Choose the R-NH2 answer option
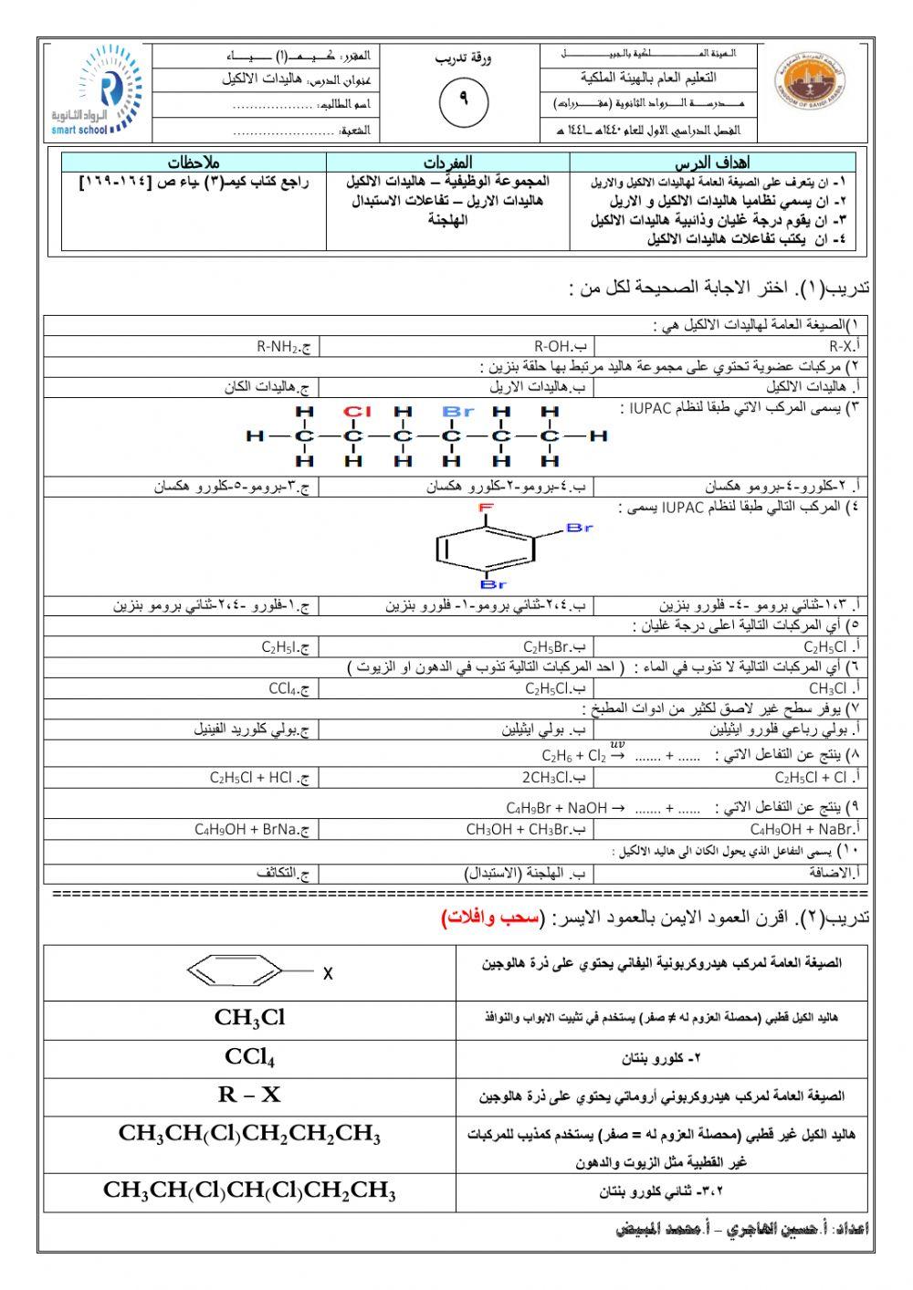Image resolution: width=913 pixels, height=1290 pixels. (x=284, y=347)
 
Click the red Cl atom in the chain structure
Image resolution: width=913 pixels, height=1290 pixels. (x=354, y=412)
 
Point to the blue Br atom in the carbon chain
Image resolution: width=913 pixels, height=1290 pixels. (x=457, y=412)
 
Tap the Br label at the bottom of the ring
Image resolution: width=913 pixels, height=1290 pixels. (x=493, y=583)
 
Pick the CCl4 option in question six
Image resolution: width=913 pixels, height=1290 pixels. (x=289, y=688)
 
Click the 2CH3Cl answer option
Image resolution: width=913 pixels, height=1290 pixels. (x=553, y=778)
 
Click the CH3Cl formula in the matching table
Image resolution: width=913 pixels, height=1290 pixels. (x=249, y=1017)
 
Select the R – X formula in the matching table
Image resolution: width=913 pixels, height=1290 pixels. (x=249, y=1095)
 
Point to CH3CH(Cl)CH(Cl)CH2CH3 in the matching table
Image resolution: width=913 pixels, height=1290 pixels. (x=249, y=1190)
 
